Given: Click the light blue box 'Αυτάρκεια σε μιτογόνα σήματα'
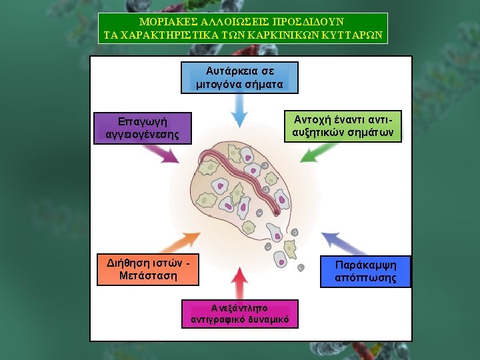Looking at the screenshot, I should click(x=239, y=77).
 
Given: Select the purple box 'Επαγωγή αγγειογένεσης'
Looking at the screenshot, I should click(x=142, y=128).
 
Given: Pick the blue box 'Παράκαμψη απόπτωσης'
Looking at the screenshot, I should click(x=365, y=271).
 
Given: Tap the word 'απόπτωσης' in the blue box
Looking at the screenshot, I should click(x=365, y=278).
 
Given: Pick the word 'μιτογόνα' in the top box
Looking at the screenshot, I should click(x=217, y=85).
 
